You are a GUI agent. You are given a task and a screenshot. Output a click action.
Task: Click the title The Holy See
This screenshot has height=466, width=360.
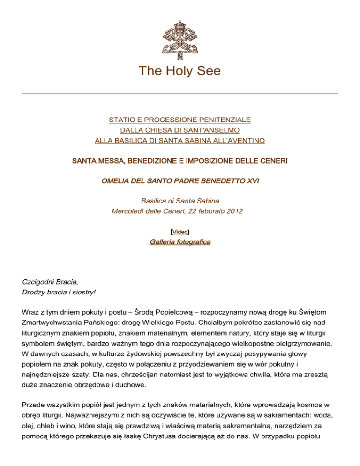click(180, 71)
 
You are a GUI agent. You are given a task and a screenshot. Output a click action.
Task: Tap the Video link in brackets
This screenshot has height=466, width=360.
click(180, 231)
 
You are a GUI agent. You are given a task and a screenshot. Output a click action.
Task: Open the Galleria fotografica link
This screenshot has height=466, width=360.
click(180, 242)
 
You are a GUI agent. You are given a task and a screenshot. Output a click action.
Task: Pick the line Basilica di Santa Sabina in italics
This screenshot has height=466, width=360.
click(180, 200)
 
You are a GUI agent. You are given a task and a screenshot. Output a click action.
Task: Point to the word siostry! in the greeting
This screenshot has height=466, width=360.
click(82, 292)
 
